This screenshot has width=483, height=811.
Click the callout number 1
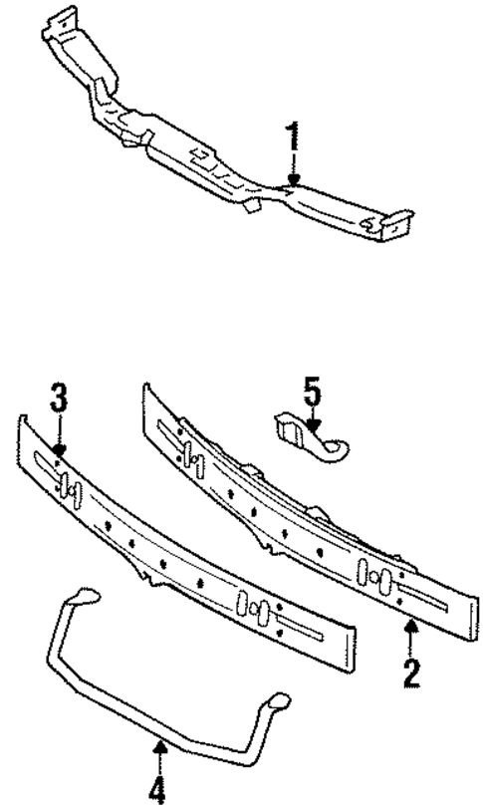tap(293, 137)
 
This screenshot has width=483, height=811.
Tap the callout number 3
tap(59, 401)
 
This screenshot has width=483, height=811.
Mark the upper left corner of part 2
tap(148, 388)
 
